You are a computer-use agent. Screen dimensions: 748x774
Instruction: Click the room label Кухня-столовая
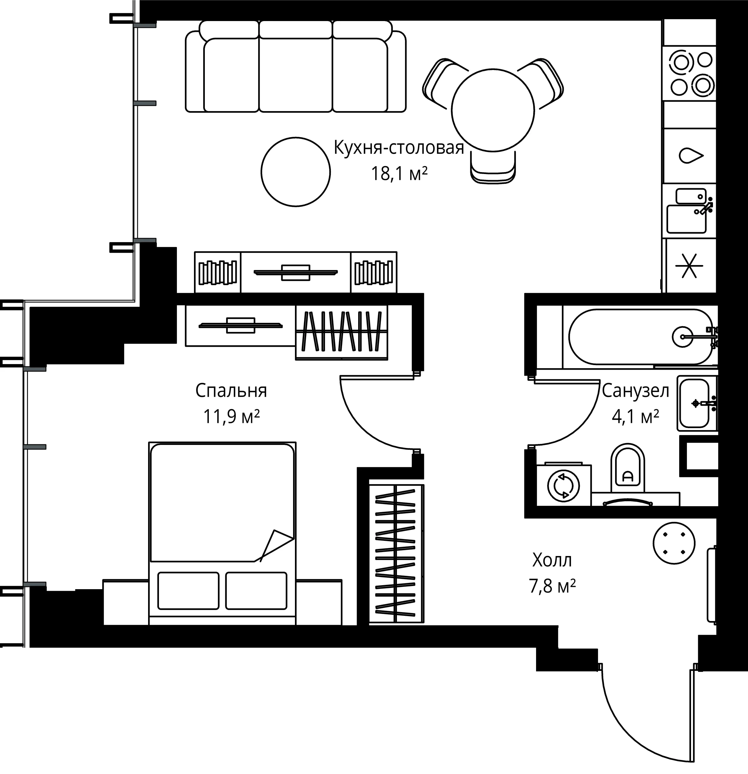point(399,148)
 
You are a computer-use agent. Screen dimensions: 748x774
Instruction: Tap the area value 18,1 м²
point(399,173)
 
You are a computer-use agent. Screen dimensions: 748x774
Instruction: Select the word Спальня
point(231,390)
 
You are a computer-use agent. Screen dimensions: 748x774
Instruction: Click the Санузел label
point(636,391)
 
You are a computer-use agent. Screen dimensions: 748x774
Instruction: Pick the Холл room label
point(552,560)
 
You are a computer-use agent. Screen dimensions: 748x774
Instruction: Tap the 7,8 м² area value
point(552,586)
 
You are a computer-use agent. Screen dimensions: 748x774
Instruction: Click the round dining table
point(493,110)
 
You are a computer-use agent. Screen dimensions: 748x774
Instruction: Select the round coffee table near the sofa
point(296,172)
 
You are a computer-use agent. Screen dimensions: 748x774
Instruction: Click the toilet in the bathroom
point(627,467)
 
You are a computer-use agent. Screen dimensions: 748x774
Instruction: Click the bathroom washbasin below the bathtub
point(697,403)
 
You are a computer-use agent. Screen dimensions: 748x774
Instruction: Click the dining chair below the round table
point(493,167)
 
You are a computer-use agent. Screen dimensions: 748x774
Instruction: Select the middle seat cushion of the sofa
point(296,75)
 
